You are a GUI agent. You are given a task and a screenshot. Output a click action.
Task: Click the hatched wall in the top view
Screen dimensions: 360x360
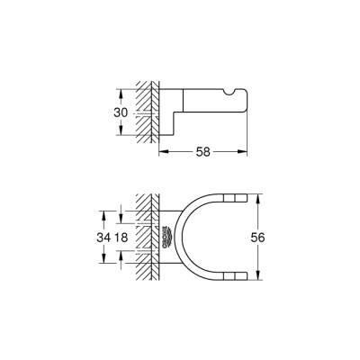click(144, 238)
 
